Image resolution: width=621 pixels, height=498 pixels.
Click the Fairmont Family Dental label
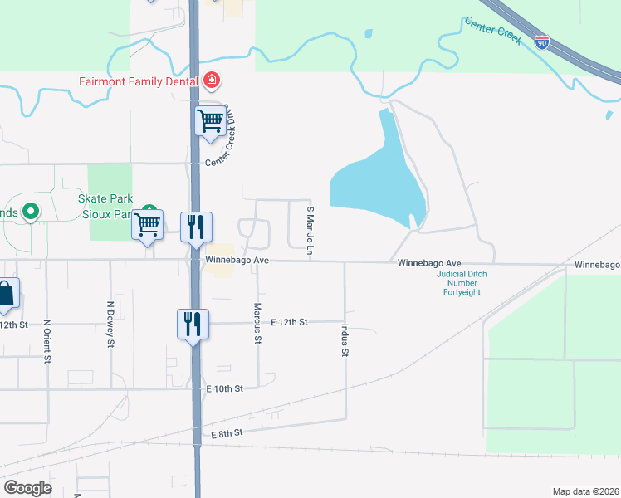pyautogui.click(x=137, y=81)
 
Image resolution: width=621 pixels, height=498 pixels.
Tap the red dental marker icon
pyautogui.click(x=212, y=81)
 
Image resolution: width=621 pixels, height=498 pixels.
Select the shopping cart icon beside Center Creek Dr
pyautogui.click(x=210, y=120)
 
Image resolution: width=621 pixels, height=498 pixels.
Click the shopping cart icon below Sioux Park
pyautogui.click(x=147, y=224)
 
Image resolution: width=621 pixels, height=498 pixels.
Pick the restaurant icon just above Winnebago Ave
pyautogui.click(x=196, y=227)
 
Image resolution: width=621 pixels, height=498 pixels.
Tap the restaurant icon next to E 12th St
pyautogui.click(x=192, y=323)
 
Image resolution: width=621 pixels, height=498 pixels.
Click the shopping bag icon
pyautogui.click(x=6, y=294)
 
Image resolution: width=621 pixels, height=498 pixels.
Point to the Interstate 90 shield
pyautogui.click(x=541, y=42)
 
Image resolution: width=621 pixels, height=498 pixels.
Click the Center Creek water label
pyautogui.click(x=493, y=31)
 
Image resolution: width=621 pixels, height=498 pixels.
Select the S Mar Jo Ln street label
pyautogui.click(x=310, y=232)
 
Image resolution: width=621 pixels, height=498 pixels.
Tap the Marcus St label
pyautogui.click(x=257, y=324)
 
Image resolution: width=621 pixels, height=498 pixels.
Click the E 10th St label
pyautogui.click(x=227, y=388)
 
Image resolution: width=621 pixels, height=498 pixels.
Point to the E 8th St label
pyautogui.click(x=227, y=433)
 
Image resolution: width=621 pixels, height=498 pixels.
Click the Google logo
pyautogui.click(x=27, y=488)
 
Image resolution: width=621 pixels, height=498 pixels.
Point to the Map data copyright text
pyautogui.click(x=585, y=491)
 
